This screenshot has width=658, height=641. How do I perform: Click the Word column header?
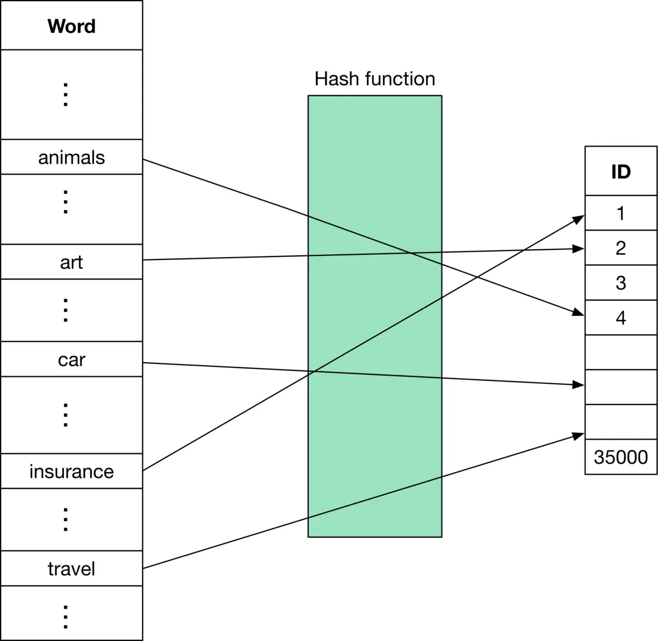coord(71,26)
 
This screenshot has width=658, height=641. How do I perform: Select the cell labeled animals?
coord(71,157)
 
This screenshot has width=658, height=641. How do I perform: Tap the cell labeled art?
coord(71,262)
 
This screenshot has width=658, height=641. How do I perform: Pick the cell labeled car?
coord(71,359)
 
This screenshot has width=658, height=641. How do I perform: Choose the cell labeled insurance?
coord(71,471)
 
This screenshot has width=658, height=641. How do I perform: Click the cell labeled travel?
coord(71,568)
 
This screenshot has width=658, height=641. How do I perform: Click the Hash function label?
coord(374,79)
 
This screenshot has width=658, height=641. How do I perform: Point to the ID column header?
coord(620,171)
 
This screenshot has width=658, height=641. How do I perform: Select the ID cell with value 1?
coord(620,213)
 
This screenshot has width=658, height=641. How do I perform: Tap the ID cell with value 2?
coord(620,248)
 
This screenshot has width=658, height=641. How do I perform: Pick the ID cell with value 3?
coord(620,282)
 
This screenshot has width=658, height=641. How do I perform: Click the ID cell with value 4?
coord(620,318)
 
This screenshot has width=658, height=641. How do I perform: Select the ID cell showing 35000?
coord(620,457)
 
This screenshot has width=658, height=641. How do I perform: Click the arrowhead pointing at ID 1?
coord(578,220)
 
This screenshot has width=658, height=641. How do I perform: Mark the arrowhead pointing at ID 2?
coord(578,249)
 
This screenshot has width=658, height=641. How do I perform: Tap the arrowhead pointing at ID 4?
coord(578,313)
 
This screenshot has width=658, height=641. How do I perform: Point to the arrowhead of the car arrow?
coord(578,385)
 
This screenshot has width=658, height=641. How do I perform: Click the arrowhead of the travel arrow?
coord(578,436)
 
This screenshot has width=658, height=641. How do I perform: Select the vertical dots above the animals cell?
coord(66,95)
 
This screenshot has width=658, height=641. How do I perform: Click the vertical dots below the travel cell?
coord(66,616)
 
